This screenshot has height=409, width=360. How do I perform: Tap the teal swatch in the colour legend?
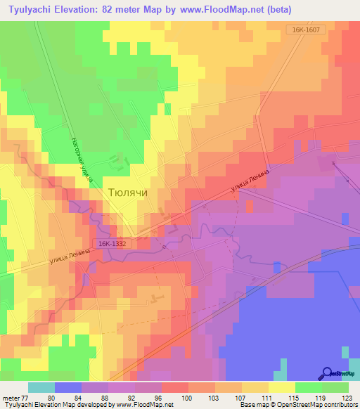(x=41, y=387)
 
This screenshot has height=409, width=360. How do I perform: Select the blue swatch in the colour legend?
(x=68, y=387)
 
